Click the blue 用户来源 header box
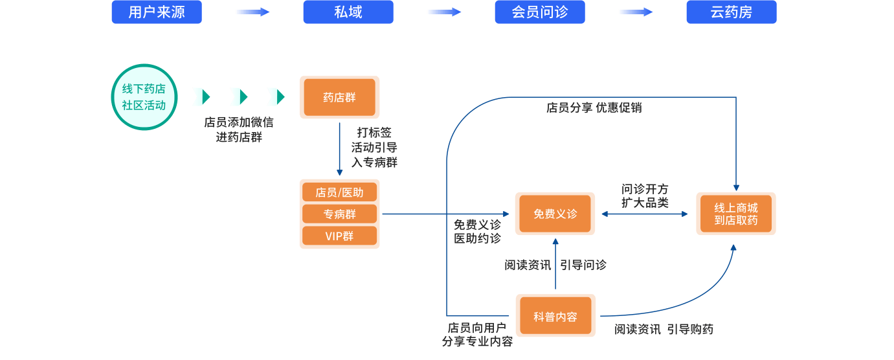click(x=157, y=12)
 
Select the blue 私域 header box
click(x=348, y=12)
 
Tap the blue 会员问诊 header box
click(x=540, y=12)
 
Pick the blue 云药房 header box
click(x=732, y=12)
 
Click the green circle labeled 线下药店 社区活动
click(x=144, y=97)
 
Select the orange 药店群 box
click(x=339, y=97)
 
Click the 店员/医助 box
click(x=339, y=192)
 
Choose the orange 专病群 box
click(x=339, y=214)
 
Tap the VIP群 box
click(x=339, y=236)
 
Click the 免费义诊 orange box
click(x=555, y=214)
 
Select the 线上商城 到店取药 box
click(x=736, y=214)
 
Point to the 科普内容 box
click(x=555, y=317)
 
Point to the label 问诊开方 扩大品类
click(x=645, y=196)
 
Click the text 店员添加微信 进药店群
click(x=239, y=129)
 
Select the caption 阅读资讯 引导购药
click(x=664, y=330)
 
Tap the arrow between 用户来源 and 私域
click(x=252, y=12)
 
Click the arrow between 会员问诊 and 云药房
click(x=635, y=12)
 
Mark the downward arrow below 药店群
click(x=339, y=149)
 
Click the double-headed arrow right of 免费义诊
click(x=645, y=213)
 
